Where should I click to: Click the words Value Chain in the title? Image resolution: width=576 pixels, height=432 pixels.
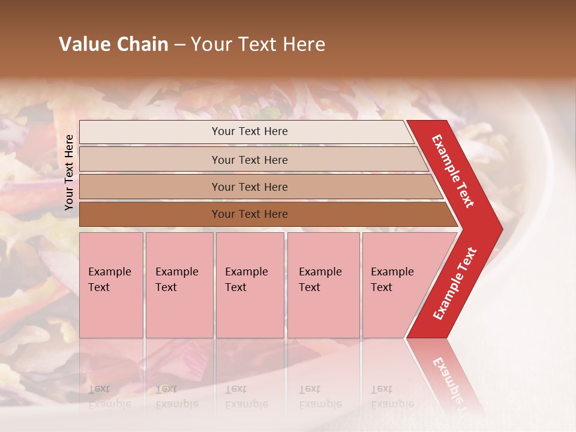tap(113, 44)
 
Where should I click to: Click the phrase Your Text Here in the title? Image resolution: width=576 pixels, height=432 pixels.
tap(258, 44)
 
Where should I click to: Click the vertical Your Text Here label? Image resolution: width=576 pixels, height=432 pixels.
tap(69, 172)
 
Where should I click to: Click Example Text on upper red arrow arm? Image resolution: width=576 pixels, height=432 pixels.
tap(453, 171)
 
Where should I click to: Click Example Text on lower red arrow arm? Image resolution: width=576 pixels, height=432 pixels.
tap(455, 283)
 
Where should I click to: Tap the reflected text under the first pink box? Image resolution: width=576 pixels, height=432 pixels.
tap(109, 397)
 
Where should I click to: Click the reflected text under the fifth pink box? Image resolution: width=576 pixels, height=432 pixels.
tap(392, 397)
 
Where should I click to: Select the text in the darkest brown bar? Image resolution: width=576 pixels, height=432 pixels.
tap(250, 214)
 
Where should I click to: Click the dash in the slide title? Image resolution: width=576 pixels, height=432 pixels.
tap(179, 45)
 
